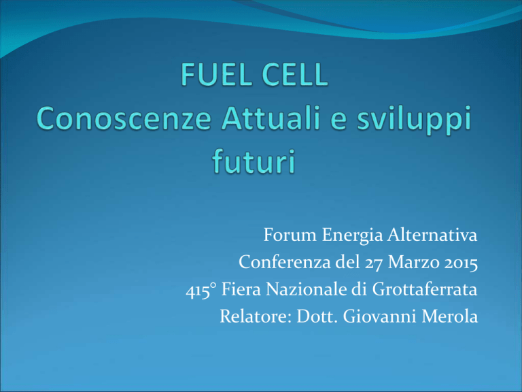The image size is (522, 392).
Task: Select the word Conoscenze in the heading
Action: click(124, 118)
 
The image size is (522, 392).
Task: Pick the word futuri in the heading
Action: click(254, 161)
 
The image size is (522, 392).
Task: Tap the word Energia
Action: click(352, 236)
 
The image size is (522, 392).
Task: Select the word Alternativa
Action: click(432, 235)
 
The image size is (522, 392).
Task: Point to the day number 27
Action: click(375, 263)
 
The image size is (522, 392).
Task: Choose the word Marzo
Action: click(414, 262)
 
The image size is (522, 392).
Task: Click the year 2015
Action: click(461, 263)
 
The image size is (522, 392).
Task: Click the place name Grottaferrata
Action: click(424, 289)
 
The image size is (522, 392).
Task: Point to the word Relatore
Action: click(256, 316)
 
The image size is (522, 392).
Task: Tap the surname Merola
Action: click(450, 316)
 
